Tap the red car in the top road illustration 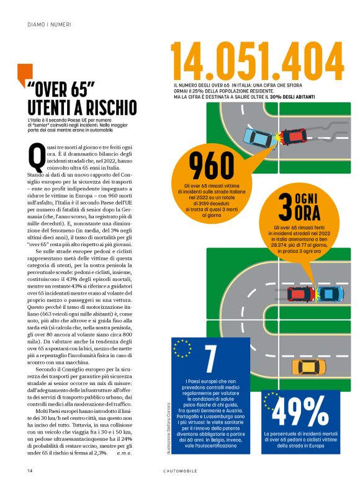coord(295,135)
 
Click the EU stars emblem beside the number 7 coord(182,348)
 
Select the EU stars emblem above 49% coord(270,400)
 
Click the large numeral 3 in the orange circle coord(284,208)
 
